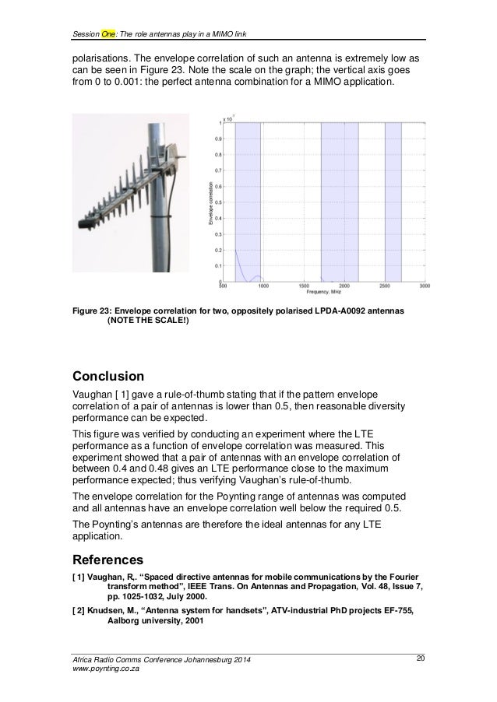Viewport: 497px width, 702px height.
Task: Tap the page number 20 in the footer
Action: (x=420, y=660)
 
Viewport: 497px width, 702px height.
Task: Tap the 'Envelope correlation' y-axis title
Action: (x=210, y=204)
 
